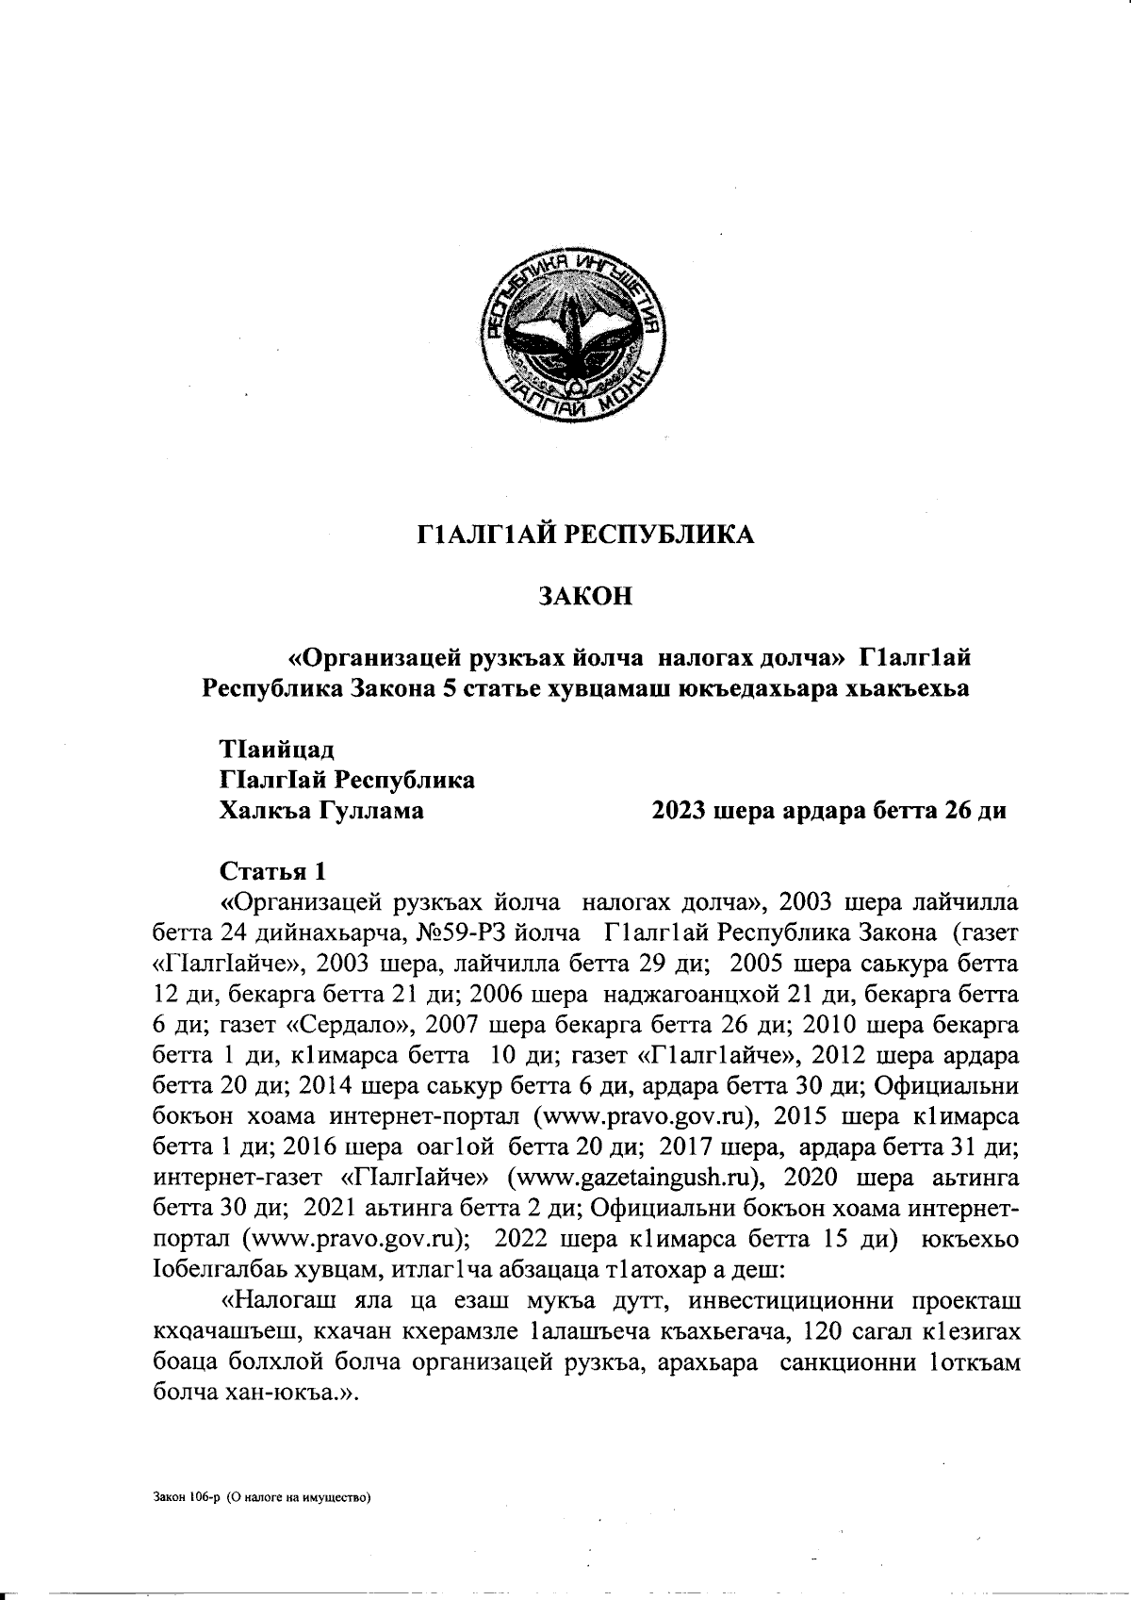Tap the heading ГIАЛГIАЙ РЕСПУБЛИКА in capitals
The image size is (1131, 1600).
(x=584, y=536)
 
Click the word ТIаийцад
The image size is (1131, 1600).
(x=276, y=751)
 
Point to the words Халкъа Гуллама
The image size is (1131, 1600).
(x=320, y=810)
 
